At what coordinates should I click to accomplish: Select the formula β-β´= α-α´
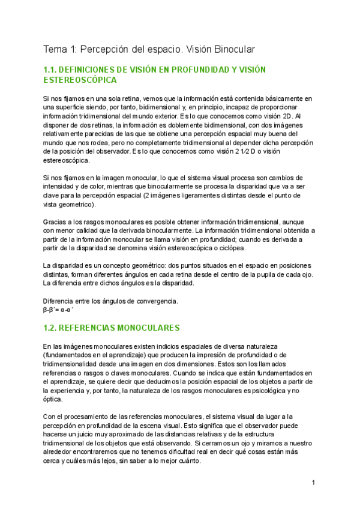pos(61,310)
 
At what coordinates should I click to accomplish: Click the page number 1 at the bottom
pos(313,483)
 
